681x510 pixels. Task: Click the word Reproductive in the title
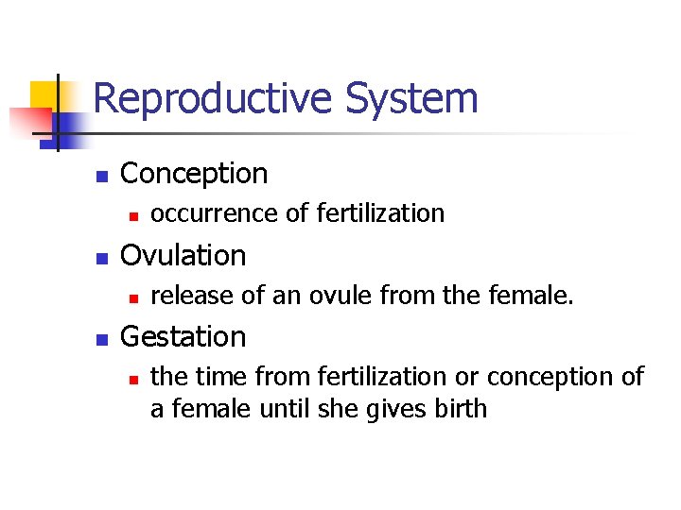[214, 99]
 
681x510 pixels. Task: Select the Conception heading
[195, 174]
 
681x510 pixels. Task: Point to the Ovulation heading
[183, 255]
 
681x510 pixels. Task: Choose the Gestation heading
[184, 337]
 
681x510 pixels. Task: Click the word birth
[463, 408]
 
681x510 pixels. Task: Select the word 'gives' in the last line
[409, 409]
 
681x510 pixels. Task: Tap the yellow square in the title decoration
[44, 94]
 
